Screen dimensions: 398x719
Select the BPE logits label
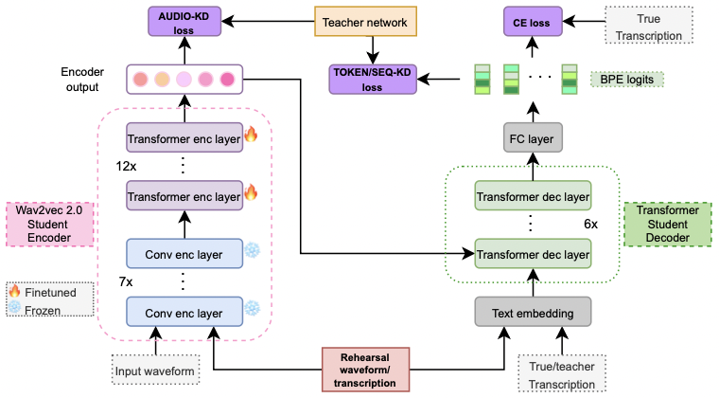coord(626,80)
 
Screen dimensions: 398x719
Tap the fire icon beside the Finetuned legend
coord(14,291)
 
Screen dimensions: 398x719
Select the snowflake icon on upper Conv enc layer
coord(253,251)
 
